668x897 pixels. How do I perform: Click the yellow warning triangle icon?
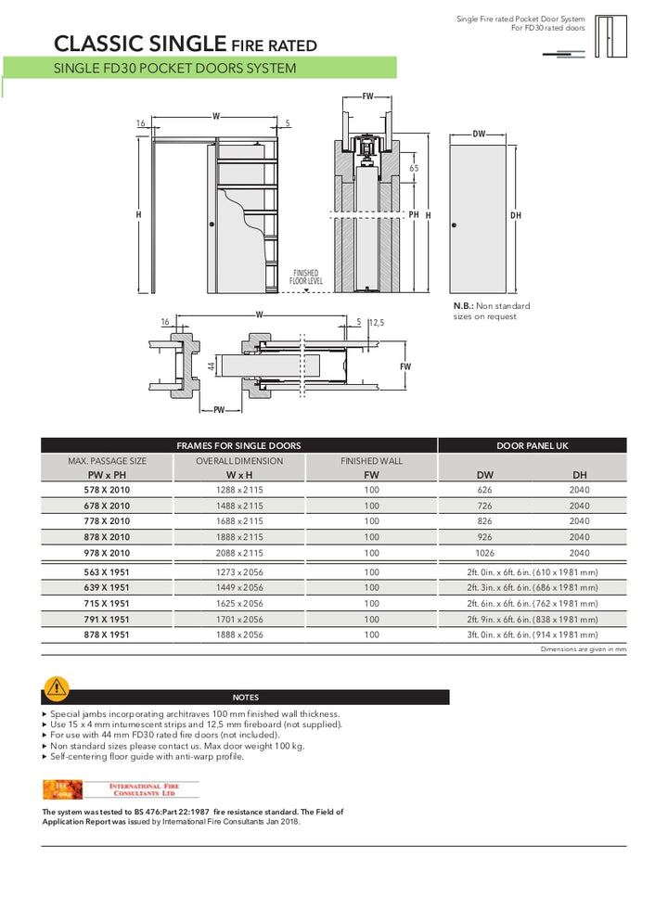[x=57, y=688]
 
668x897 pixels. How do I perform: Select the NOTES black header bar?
[x=246, y=698]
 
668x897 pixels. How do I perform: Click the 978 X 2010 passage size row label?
[x=107, y=553]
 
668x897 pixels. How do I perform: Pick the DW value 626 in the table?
[x=484, y=490]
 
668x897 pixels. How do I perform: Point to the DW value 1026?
[x=484, y=553]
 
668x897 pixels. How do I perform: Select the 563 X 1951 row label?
[x=107, y=572]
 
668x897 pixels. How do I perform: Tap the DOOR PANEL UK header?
[x=532, y=445]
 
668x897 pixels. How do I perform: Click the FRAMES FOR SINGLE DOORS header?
[x=238, y=445]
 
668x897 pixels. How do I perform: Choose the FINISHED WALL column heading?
[x=371, y=461]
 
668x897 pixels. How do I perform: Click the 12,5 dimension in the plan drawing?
[x=376, y=323]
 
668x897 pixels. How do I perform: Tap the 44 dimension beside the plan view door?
[x=212, y=367]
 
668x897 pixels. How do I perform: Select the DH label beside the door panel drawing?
[x=516, y=215]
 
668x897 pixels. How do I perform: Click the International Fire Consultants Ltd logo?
[x=122, y=789]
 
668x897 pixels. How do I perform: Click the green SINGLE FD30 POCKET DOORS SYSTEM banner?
[x=199, y=68]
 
